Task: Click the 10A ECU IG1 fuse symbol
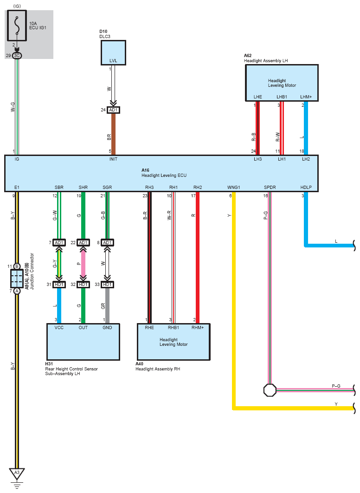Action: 17,26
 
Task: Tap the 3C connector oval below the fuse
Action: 17,56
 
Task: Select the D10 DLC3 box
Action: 113,52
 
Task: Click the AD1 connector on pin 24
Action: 113,110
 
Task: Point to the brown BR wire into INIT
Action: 113,134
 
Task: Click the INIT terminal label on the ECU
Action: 113,159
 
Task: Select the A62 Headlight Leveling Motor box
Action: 282,83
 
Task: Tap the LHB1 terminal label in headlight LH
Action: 282,97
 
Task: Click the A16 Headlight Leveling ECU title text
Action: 164,173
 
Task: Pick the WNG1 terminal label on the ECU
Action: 234,188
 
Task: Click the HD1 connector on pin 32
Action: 83,285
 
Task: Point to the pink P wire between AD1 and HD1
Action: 83,264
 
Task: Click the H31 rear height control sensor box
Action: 83,342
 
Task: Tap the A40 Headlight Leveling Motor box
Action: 174,342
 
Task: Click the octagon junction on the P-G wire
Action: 270,390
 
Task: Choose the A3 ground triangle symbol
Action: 17,473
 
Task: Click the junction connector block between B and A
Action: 17,279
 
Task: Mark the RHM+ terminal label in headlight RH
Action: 198,328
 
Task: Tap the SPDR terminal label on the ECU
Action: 270,188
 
